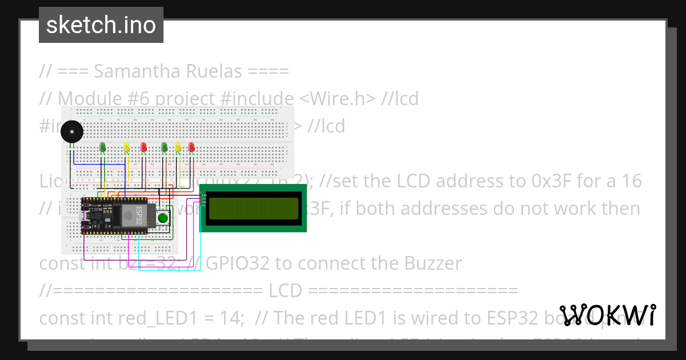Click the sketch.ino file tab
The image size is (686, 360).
point(101,25)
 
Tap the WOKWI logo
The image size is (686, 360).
point(608,315)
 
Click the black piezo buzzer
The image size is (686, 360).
point(71,132)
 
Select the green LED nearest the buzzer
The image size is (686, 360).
point(103,147)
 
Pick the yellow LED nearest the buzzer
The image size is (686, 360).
point(127,148)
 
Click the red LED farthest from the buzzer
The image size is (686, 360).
point(191,147)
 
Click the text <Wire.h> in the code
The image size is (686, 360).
point(337,99)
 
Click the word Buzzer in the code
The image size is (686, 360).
point(434,263)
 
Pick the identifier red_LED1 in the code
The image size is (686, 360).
point(130,318)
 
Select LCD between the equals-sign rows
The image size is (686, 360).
point(285,290)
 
